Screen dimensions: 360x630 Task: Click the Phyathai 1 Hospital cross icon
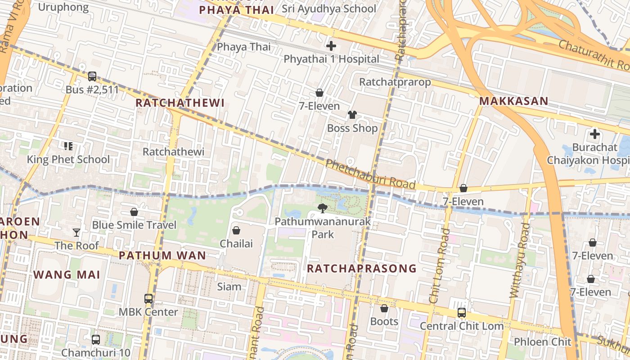pos(331,46)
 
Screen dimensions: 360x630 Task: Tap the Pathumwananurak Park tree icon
pos(322,208)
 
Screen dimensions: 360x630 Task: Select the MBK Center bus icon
pos(148,298)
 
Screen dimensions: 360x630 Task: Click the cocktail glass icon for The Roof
pos(76,232)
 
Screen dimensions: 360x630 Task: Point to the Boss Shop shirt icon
pos(352,115)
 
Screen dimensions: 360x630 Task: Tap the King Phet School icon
pos(68,146)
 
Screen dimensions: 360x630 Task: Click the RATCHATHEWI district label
pos(180,103)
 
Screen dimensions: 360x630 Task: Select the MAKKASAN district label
pos(513,101)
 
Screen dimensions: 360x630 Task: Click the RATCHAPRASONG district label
pos(362,269)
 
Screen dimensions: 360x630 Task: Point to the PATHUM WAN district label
pos(162,256)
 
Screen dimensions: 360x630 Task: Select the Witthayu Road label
pos(520,261)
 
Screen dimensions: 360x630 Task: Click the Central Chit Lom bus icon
pos(461,312)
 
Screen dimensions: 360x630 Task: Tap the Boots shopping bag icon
pos(384,308)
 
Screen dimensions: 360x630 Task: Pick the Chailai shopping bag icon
pos(236,230)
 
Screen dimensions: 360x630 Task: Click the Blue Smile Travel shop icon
pos(134,211)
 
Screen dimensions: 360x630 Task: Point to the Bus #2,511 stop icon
pos(92,76)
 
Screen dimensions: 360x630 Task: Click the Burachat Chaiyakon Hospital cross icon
pos(595,134)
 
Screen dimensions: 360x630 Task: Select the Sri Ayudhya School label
pos(328,9)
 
